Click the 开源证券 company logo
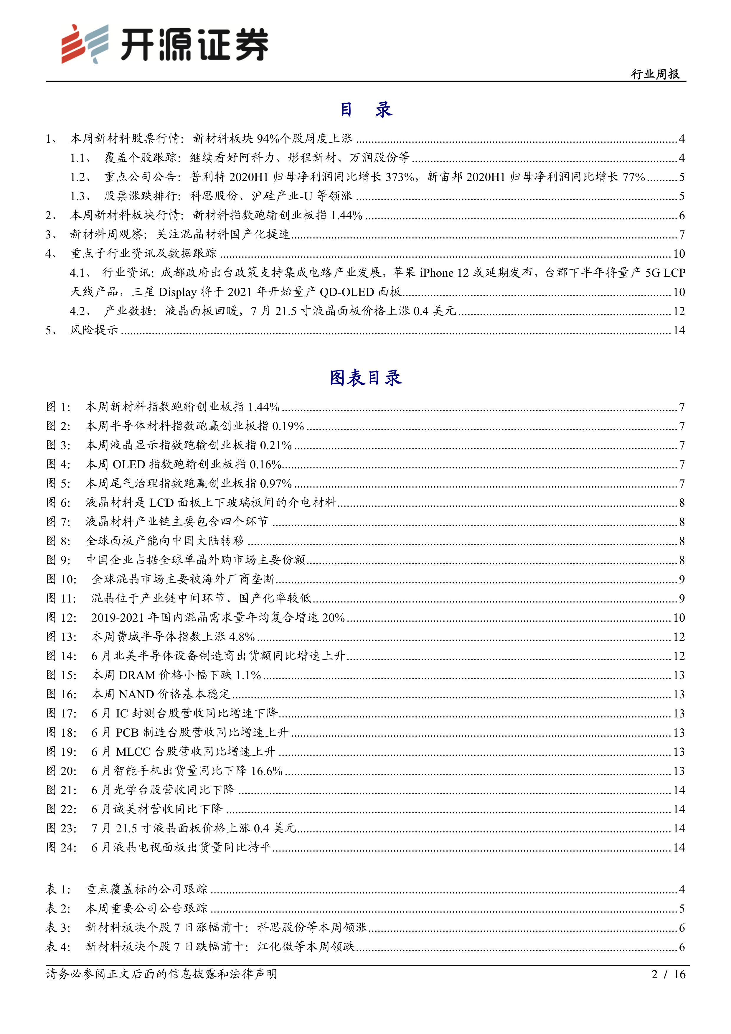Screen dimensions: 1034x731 point(164,44)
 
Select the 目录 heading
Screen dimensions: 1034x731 point(365,109)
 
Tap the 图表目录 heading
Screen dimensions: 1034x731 point(365,378)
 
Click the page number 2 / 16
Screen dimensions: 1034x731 point(668,974)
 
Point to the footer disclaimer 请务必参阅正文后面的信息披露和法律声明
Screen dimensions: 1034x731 point(161,974)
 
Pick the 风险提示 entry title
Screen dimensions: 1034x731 point(94,330)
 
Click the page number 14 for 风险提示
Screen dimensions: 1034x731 point(679,330)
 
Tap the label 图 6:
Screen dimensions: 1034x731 point(59,503)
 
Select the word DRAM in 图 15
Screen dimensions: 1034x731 point(137,675)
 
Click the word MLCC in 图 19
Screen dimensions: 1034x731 point(133,752)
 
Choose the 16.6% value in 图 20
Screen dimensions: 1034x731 point(266,771)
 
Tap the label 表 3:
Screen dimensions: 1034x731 point(59,927)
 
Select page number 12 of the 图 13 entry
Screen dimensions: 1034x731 point(679,637)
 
